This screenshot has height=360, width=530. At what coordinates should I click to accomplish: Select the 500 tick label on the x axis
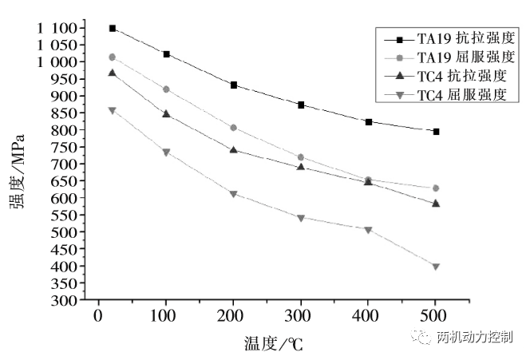(x=436, y=317)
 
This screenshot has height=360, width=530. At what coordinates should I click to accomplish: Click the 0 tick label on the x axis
(x=98, y=317)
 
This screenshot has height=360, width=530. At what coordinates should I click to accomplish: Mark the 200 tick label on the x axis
(x=233, y=317)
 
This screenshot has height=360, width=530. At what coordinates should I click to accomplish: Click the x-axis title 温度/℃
(x=274, y=344)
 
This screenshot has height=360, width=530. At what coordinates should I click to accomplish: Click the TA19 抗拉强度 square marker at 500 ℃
(x=436, y=131)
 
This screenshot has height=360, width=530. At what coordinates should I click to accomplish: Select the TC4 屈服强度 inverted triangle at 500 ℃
(x=436, y=267)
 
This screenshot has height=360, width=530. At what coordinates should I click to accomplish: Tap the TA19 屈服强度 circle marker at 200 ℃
(x=233, y=128)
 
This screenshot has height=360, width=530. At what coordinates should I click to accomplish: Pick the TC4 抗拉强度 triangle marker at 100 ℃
(x=166, y=114)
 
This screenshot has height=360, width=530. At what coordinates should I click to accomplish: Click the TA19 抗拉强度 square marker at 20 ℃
(x=113, y=28)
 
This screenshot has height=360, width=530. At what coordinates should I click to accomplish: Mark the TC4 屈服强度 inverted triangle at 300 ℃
(x=301, y=218)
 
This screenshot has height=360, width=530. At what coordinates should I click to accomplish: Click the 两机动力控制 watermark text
(x=476, y=338)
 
